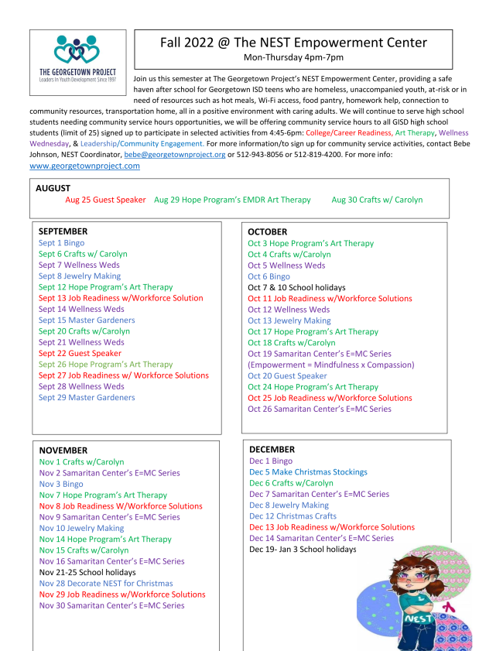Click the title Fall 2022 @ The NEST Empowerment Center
click(x=293, y=43)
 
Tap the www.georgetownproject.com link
click(x=84, y=166)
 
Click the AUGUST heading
click(x=53, y=188)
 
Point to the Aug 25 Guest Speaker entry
click(x=105, y=200)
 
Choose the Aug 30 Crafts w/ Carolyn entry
click(x=377, y=200)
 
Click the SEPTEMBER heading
click(x=63, y=231)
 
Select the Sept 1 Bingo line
click(x=62, y=243)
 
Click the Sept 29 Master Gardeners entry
click(x=87, y=397)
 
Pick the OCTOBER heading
click(x=267, y=231)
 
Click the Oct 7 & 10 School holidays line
click(x=296, y=287)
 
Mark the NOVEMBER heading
click(x=63, y=451)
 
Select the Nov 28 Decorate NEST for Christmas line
click(x=106, y=583)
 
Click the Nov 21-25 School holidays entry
click(x=88, y=572)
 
